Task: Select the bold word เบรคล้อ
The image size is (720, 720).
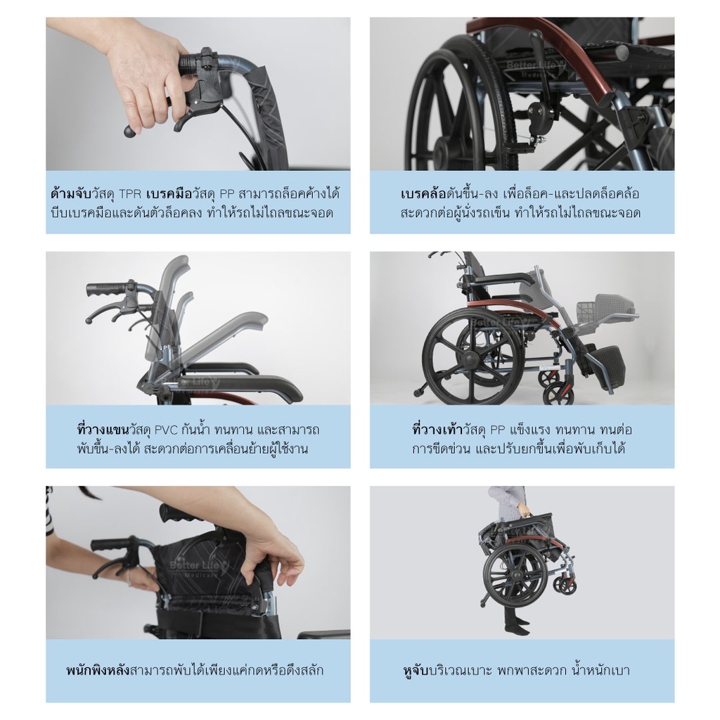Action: pos(424,194)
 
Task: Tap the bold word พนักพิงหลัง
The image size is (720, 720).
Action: pos(98,670)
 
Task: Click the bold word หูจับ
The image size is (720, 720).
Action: pos(416,670)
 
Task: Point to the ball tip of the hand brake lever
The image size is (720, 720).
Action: pos(129,131)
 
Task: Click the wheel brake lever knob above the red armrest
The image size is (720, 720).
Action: pos(534,36)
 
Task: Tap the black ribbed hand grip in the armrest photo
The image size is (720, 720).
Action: pos(107,290)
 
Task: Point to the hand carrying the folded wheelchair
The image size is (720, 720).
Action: pos(522,510)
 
